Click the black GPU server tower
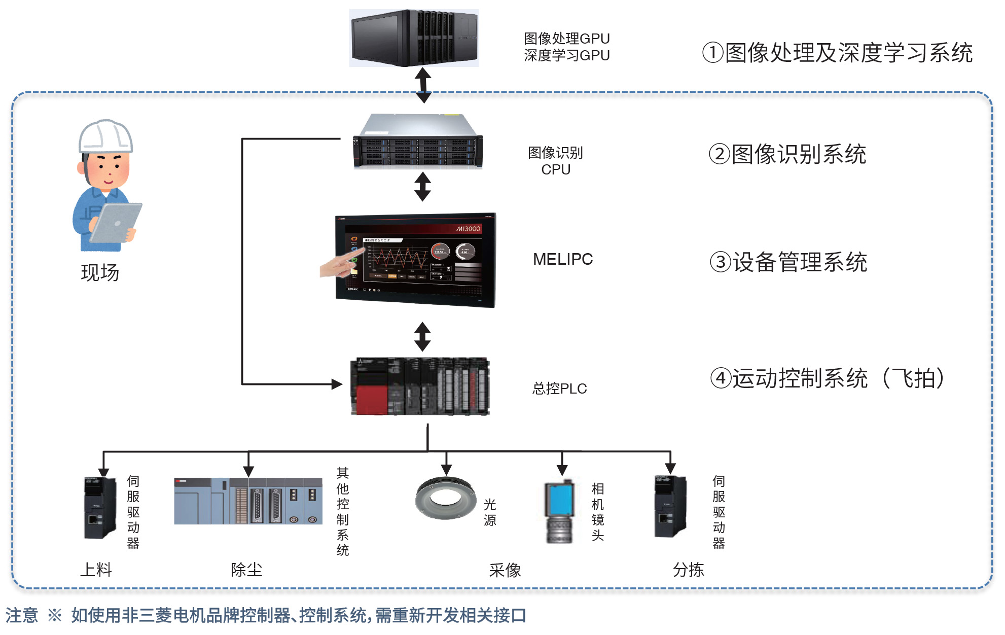[414, 38]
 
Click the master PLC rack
[420, 386]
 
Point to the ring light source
[446, 498]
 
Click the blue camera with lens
[560, 511]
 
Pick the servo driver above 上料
[99, 507]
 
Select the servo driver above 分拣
[670, 507]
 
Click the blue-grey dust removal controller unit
[248, 501]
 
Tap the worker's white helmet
[105, 136]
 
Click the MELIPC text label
[563, 259]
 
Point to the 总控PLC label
[559, 389]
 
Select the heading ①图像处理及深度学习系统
[837, 53]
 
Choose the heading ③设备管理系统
[788, 262]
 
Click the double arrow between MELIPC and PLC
[422, 336]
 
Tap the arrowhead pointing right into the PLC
[337, 384]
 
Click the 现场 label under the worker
[100, 273]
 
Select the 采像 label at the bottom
[505, 570]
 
